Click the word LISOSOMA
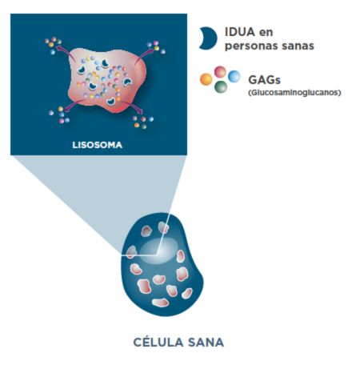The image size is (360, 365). coord(98,145)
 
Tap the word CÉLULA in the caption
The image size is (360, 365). coord(158,342)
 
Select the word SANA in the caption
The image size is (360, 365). coord(206,342)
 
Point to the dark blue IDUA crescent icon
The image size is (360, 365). coord(210,38)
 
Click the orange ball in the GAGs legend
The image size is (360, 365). coord(206,79)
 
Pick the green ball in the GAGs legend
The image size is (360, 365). coord(221,86)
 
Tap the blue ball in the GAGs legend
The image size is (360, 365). coord(234,76)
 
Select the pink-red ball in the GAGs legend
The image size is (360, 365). coord(220,72)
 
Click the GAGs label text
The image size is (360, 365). coord(264,80)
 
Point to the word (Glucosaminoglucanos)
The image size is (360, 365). coord(294,93)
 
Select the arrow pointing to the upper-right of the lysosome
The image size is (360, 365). coord(144,54)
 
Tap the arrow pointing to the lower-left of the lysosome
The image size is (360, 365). coord(74,105)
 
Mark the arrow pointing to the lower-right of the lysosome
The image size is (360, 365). coord(132,106)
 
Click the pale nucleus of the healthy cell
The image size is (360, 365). coord(158,251)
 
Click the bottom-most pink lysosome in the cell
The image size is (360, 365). coord(160,303)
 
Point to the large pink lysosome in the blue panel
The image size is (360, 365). coord(107,81)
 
